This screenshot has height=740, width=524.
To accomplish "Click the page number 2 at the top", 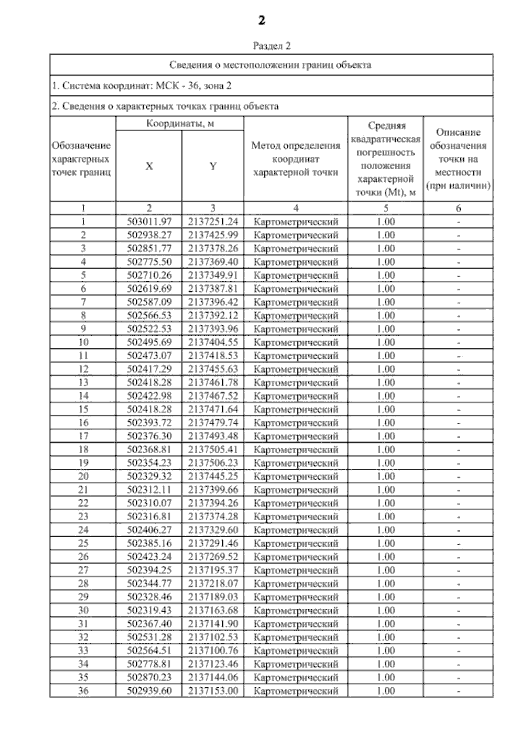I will [x=261, y=20].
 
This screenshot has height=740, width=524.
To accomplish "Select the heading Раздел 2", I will [x=272, y=46].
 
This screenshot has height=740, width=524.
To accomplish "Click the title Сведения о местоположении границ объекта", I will [x=270, y=65].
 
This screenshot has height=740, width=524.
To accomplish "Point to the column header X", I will [x=149, y=166].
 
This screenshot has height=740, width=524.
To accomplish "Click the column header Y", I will [x=213, y=166].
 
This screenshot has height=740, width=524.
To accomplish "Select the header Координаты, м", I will [x=179, y=124].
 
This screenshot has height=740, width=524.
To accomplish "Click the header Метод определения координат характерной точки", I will [x=296, y=159].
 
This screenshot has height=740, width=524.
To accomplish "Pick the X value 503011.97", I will [x=149, y=222].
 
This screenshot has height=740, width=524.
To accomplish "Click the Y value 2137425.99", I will [x=213, y=235].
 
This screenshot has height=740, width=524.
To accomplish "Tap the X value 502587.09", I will [x=149, y=302].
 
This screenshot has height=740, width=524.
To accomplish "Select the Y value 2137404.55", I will [x=213, y=342].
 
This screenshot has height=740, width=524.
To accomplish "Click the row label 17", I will [x=83, y=436].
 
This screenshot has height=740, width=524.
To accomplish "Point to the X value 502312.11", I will [x=149, y=490].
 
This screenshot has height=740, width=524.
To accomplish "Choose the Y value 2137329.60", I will [x=213, y=530].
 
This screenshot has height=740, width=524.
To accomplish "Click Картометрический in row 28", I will [x=296, y=583].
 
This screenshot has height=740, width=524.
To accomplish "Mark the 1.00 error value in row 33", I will [x=386, y=651].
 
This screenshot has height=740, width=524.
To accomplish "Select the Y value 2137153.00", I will [x=213, y=691].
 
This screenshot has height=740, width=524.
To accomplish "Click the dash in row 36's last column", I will [x=458, y=691].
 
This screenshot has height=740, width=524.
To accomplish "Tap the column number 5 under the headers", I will [x=386, y=208].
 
